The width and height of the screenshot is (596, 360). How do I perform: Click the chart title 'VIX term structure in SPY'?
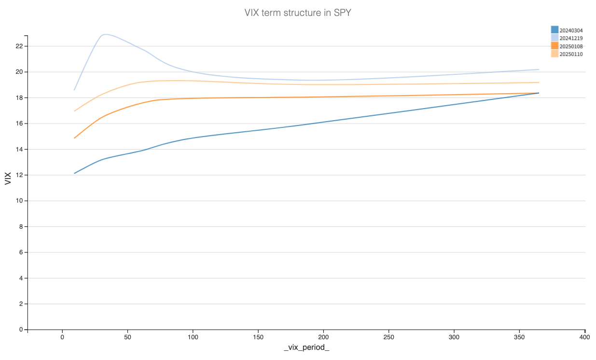tap(298, 13)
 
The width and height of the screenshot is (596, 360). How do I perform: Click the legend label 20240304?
tap(571, 30)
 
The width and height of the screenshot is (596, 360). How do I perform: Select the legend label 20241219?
tap(571, 38)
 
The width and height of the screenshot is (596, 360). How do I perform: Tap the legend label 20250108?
tap(571, 46)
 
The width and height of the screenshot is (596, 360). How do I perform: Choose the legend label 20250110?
tap(571, 54)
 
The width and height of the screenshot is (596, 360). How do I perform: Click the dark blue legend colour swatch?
tap(554, 30)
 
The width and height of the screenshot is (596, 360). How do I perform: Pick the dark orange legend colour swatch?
tap(554, 46)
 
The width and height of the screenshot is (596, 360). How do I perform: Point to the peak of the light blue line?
tap(105, 34)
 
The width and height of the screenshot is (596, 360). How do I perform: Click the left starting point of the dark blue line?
tap(74, 173)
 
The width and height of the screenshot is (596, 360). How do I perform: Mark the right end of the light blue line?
tap(539, 69)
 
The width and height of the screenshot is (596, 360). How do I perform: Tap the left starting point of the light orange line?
tap(74, 111)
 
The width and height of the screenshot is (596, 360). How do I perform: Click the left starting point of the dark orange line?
tap(74, 138)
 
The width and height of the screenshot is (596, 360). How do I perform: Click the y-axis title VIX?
tap(8, 179)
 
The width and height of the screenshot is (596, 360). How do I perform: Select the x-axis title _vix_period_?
tap(306, 348)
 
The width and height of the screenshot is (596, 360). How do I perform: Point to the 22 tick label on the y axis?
tap(19, 46)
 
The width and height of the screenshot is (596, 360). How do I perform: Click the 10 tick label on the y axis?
tap(19, 201)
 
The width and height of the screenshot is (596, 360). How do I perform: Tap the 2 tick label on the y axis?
tap(20, 304)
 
